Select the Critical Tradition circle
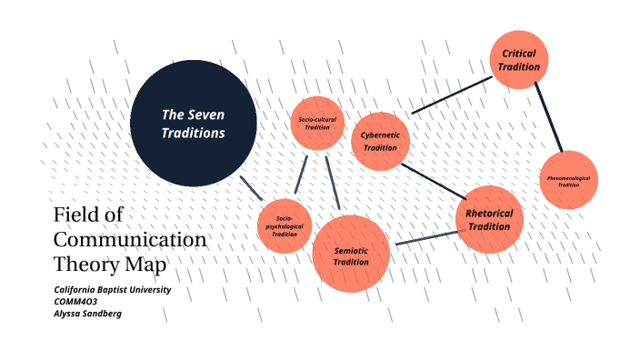click(519, 59)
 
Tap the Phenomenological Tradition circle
click(569, 179)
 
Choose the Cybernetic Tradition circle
click(380, 141)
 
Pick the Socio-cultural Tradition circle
click(318, 123)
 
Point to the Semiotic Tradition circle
click(351, 255)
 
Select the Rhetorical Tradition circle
click(489, 219)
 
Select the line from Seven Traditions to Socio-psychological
click(251, 187)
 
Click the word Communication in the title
click(130, 240)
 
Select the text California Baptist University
click(113, 289)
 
